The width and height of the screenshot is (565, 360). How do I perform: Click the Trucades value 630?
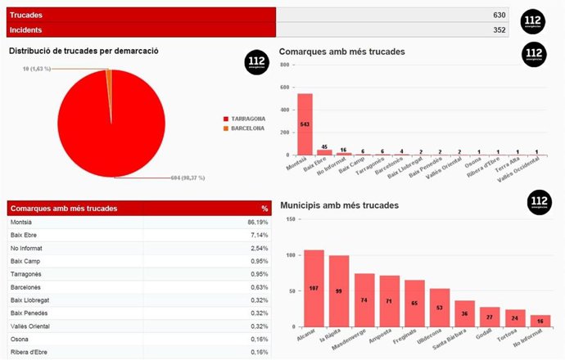(x=499, y=16)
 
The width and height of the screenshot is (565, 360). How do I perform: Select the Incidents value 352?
(x=499, y=30)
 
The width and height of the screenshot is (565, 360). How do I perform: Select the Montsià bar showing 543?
(x=305, y=124)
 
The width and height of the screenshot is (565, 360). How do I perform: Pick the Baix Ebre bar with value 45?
(x=325, y=151)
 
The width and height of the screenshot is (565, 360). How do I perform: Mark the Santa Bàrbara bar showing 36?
(x=465, y=313)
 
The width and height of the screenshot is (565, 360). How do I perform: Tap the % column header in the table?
(x=264, y=208)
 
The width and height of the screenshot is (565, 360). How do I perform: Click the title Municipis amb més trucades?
(x=340, y=205)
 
